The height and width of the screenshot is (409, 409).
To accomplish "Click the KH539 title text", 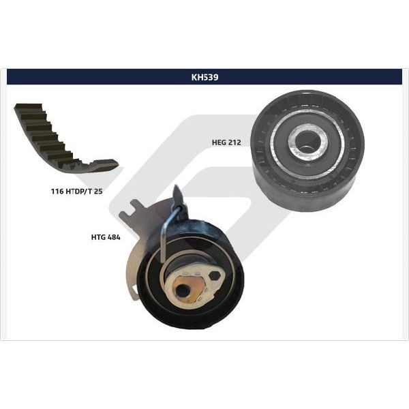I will coord(204,77).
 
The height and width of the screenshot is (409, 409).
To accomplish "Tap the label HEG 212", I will coord(226,142).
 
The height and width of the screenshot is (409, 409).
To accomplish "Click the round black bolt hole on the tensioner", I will coord(183,290).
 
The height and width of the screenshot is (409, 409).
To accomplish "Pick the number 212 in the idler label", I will coord(235,142).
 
